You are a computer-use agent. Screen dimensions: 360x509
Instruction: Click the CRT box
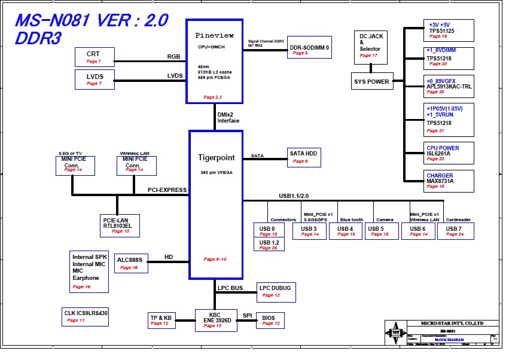pos(95,57)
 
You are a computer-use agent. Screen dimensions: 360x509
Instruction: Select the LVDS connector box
pos(95,79)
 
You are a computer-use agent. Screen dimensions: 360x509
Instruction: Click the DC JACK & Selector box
pos(371,47)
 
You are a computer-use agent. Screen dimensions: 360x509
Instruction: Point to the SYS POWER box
pos(372,81)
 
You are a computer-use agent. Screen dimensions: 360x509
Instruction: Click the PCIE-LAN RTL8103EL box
pos(120,224)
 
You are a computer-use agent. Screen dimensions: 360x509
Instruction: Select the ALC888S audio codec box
pos(131,263)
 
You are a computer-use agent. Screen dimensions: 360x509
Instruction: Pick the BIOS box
pos(270,321)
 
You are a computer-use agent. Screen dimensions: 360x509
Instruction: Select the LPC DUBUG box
pos(276,291)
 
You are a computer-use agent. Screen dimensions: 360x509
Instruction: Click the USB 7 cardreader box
pos(455,231)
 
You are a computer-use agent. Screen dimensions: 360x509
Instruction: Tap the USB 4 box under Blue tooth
pos(347,231)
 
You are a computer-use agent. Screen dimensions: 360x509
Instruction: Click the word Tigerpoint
pos(217,158)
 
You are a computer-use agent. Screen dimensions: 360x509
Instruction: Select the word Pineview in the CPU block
pos(215,36)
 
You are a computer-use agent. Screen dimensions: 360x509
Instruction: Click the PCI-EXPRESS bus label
pos(167,190)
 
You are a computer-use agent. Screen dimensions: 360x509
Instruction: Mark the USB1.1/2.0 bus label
pos(294,196)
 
